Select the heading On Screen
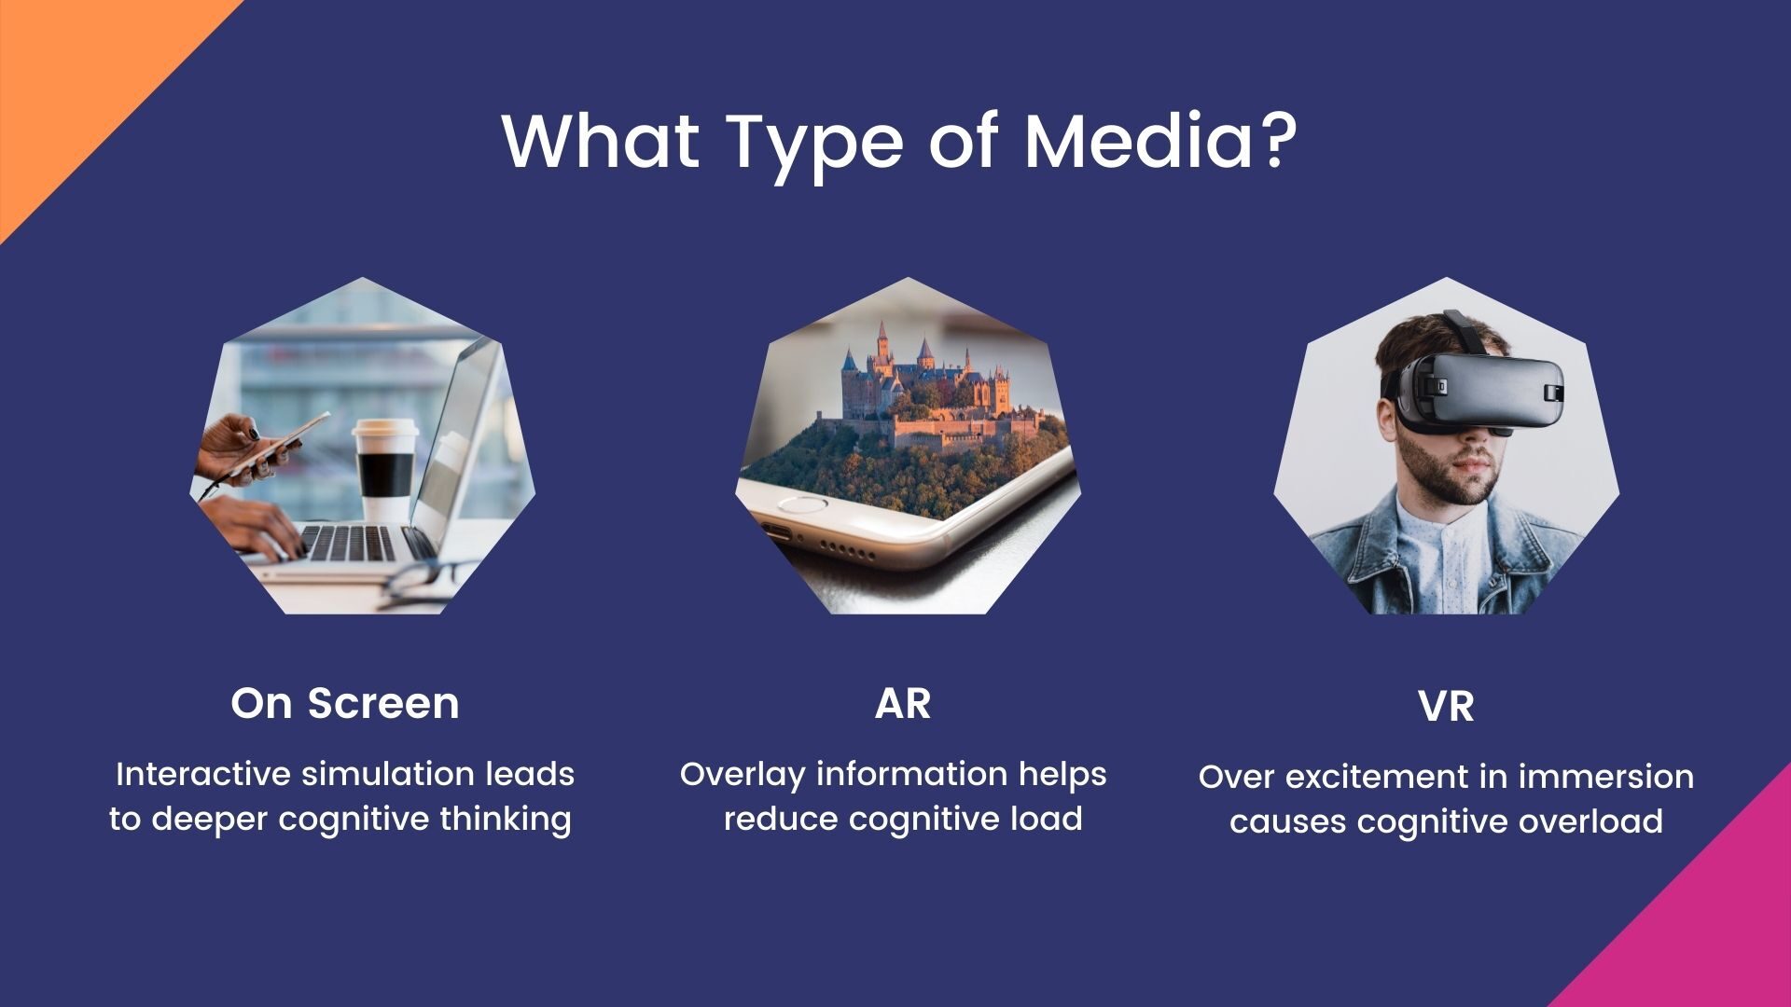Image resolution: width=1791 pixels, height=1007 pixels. (345, 703)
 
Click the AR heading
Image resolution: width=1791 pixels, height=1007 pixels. (903, 703)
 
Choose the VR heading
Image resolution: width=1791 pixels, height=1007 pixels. (1446, 707)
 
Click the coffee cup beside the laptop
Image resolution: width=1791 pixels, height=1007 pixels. (384, 471)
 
